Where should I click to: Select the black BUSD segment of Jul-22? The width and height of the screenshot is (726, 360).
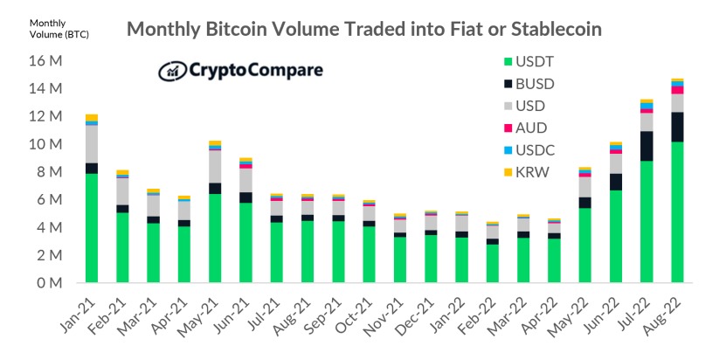(646, 146)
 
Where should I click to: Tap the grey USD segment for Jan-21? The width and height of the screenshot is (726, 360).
(92, 144)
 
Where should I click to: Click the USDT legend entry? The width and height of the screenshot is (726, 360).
(536, 62)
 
